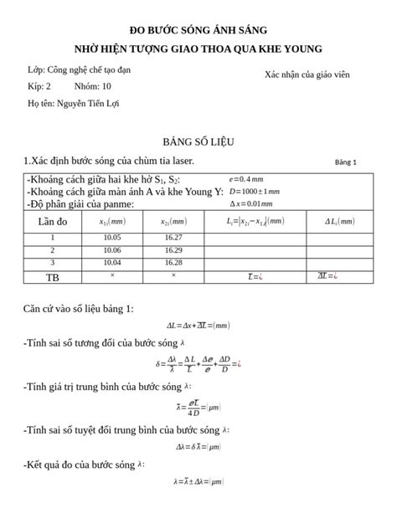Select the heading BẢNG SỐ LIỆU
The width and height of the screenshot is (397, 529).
tap(198, 141)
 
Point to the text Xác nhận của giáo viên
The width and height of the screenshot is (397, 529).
tap(307, 74)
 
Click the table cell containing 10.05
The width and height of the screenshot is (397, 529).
tap(112, 238)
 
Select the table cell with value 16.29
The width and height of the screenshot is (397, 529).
tap(173, 249)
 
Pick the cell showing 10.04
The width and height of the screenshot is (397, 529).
tap(112, 261)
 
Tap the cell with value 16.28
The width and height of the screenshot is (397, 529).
tap(173, 261)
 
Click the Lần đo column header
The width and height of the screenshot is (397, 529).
tap(53, 221)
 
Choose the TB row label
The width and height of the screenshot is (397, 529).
tap(53, 275)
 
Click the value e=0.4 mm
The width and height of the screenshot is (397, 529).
tap(246, 178)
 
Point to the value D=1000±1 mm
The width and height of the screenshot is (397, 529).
tap(255, 191)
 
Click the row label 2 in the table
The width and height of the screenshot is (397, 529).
tap(53, 249)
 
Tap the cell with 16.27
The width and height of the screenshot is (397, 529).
tap(173, 238)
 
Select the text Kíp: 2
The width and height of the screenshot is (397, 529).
tap(39, 86)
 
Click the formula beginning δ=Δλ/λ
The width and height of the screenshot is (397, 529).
tap(198, 363)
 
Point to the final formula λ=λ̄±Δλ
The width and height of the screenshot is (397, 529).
tap(198, 481)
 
